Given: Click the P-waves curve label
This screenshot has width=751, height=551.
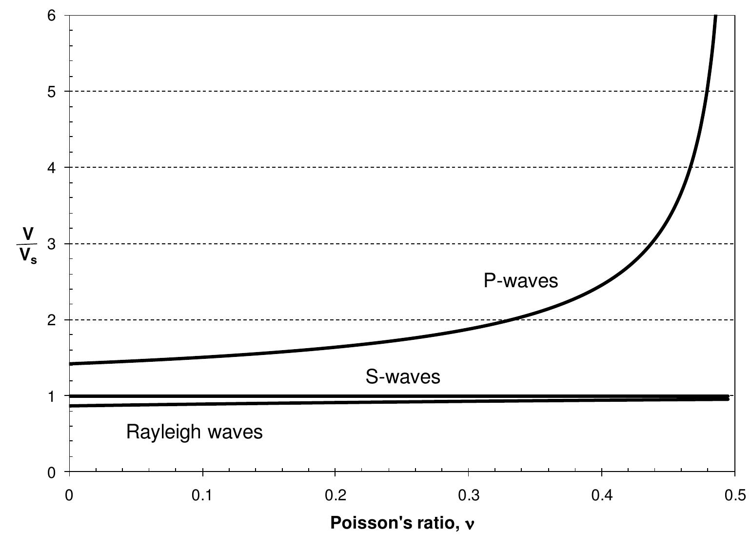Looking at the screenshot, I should point(520,281).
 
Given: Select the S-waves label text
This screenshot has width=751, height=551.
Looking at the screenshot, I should point(403,377).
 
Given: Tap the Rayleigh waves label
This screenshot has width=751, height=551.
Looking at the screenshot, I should point(194,432).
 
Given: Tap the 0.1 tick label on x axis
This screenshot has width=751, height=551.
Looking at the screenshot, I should point(202,495).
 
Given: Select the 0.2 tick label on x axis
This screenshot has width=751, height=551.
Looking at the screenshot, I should point(336,495).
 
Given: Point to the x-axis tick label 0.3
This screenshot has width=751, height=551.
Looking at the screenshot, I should point(469,495).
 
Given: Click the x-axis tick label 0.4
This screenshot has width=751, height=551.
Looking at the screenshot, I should point(602,495).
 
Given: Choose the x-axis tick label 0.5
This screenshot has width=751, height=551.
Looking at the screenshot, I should point(734,495).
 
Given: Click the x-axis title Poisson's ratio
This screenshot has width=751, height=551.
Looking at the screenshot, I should point(402,523).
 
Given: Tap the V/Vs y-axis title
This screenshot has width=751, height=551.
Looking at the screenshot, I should point(28,245).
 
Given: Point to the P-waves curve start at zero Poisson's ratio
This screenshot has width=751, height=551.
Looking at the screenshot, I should point(70,364).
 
